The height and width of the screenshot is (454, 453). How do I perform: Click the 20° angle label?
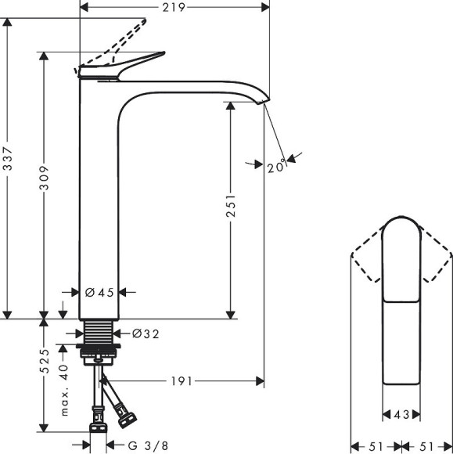[x=275, y=167]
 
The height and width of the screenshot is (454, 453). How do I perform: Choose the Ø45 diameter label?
[x=99, y=292]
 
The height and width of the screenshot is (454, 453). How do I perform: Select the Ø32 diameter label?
[x=146, y=333]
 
